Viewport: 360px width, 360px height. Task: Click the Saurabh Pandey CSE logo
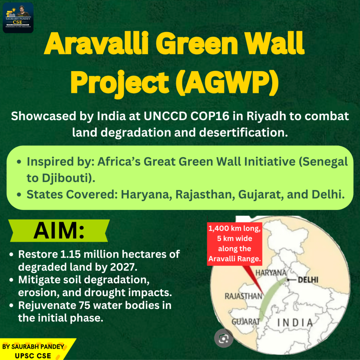(x=18, y=18)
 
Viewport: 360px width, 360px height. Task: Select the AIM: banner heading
(x=59, y=231)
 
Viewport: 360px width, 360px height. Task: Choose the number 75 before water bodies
(x=85, y=306)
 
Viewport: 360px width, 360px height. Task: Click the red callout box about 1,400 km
(x=234, y=244)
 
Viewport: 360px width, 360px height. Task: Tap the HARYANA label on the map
(x=271, y=273)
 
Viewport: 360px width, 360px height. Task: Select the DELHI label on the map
(x=308, y=279)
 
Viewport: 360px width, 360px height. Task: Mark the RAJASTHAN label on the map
(x=243, y=296)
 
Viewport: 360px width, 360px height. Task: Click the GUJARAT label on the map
(x=245, y=322)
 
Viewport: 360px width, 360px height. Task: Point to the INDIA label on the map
(x=295, y=323)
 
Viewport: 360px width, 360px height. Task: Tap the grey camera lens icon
(x=223, y=338)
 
